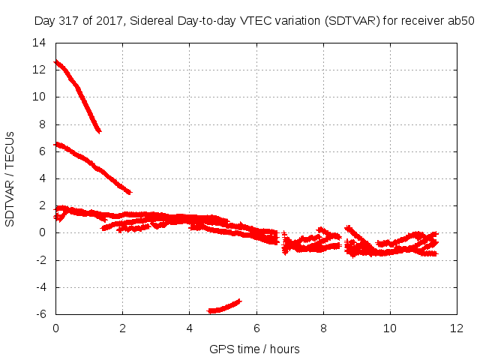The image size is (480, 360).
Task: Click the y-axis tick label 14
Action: [39, 43]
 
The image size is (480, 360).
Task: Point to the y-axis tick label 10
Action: [39, 97]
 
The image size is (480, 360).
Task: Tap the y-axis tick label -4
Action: [41, 287]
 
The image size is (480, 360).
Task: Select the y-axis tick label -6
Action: [41, 314]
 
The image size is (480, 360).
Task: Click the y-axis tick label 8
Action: [42, 124]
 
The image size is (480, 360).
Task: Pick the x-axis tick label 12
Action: [457, 328]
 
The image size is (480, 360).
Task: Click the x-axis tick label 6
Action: [256, 328]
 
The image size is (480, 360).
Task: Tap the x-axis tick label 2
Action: [122, 328]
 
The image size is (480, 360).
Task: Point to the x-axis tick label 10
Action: [390, 328]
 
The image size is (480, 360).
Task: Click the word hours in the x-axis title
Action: [285, 349]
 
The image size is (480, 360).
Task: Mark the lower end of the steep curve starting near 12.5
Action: [99, 132]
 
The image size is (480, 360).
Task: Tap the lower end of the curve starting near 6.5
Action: [130, 192]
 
